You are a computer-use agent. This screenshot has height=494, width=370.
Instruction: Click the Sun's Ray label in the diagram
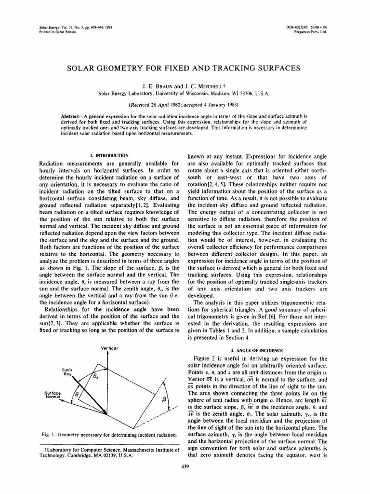click(x=66, y=372)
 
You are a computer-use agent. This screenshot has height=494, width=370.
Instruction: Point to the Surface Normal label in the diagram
click(x=50, y=395)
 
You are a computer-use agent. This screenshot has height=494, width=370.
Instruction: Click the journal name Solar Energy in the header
click(x=48, y=28)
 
